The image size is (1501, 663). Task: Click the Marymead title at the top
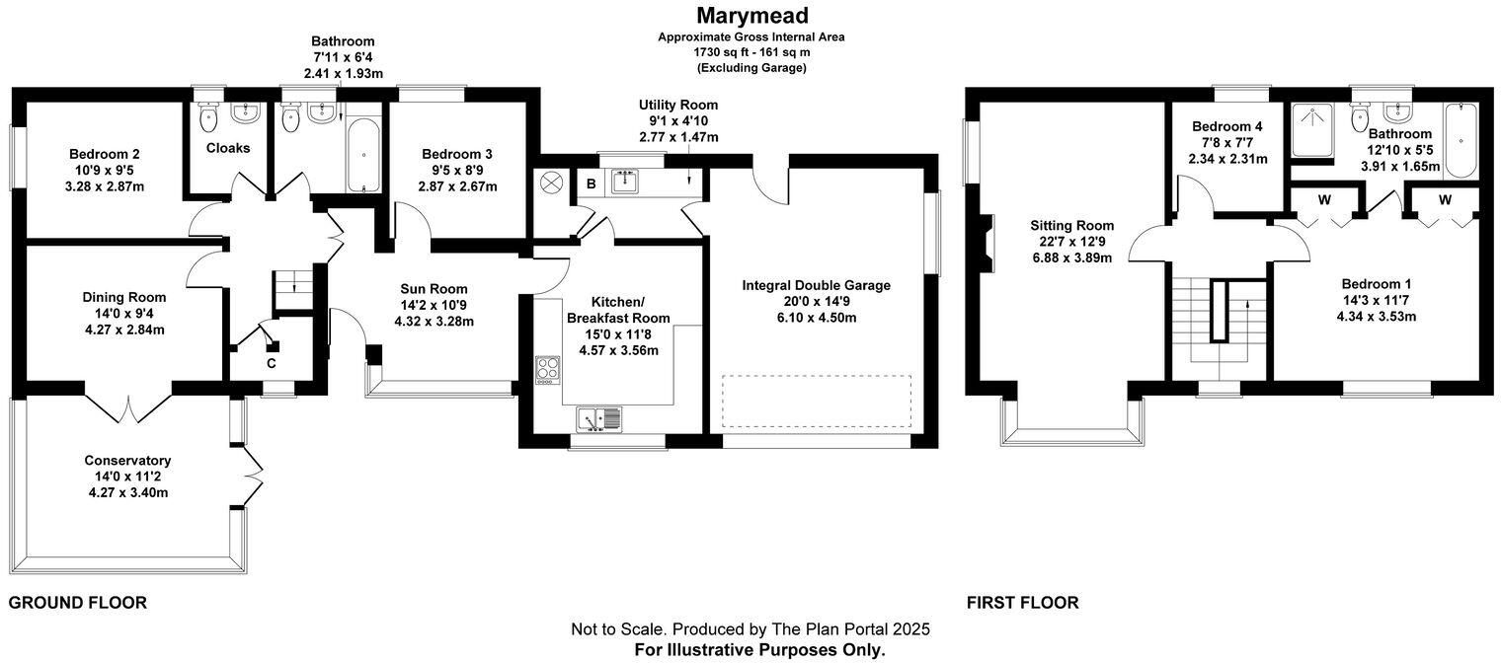(751, 15)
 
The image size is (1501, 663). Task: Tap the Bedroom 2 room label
(104, 154)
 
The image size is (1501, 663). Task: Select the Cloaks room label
(228, 148)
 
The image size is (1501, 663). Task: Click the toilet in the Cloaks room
(207, 118)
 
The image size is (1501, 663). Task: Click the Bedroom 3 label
(456, 154)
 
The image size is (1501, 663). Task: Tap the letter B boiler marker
(592, 183)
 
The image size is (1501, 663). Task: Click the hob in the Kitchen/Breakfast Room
(547, 369)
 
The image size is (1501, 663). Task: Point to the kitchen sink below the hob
(598, 419)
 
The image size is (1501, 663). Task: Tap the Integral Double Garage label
(816, 285)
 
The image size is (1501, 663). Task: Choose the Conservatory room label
(127, 461)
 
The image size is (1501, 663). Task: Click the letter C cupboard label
(271, 362)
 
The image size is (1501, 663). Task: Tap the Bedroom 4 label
(1226, 127)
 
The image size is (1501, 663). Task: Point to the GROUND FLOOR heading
(77, 603)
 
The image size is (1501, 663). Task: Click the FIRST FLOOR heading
(1022, 603)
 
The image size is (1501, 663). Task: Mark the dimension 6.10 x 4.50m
(816, 318)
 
